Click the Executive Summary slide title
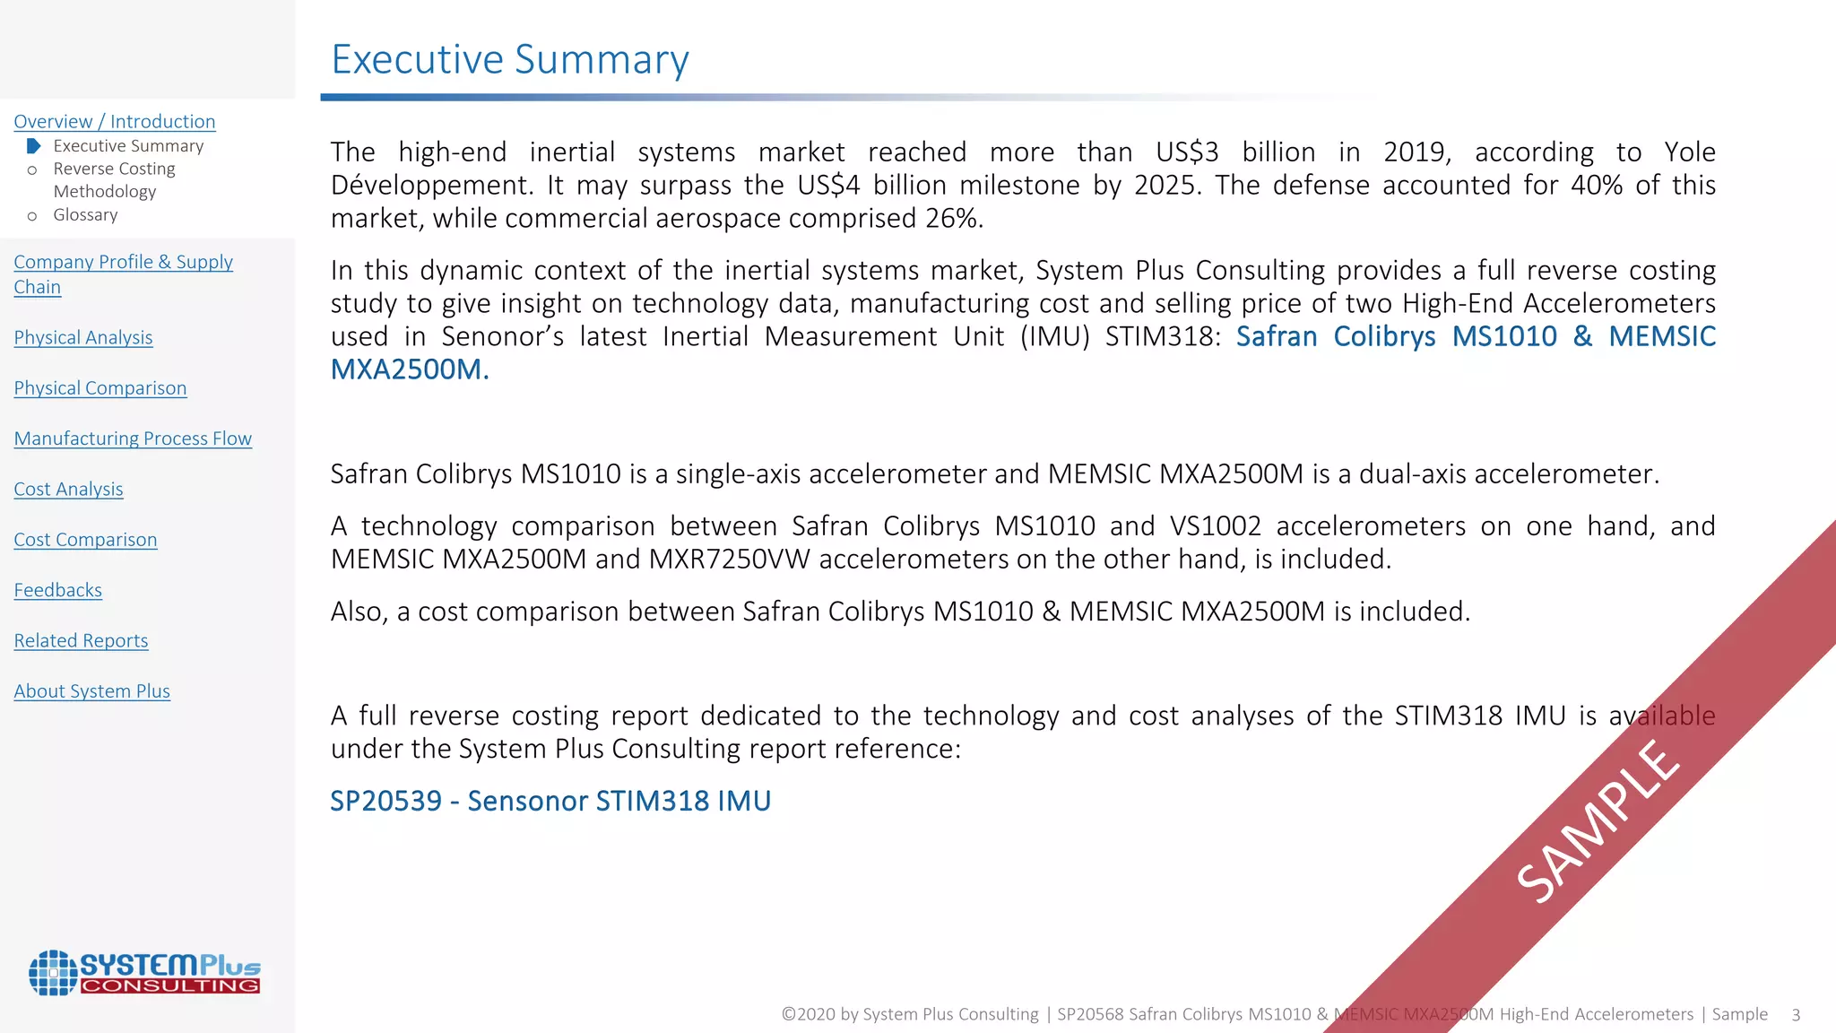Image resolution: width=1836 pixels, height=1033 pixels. coord(510,60)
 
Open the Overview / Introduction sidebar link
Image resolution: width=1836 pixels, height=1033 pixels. coord(115,121)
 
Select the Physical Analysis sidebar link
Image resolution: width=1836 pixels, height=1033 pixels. coord(83,337)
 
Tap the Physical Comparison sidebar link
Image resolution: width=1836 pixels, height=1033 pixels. coord(100,387)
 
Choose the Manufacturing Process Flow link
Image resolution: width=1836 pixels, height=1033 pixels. coord(133,438)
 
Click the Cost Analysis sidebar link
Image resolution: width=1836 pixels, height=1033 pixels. coord(68,489)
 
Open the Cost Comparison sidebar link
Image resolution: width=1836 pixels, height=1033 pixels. coord(85,539)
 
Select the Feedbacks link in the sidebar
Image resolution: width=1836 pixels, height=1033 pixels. coord(58,590)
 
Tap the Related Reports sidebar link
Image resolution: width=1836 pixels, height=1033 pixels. coord(81,640)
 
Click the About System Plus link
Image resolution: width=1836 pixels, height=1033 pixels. coord(91,690)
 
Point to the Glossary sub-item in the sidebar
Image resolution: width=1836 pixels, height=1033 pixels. coord(85,214)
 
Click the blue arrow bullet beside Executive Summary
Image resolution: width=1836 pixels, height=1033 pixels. coord(33,145)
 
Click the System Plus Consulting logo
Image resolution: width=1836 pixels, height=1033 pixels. coord(144,973)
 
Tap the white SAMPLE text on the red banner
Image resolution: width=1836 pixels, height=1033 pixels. coord(1598,820)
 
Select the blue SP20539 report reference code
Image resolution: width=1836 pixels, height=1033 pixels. coord(385,801)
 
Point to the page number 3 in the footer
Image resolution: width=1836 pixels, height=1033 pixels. coord(1796,1015)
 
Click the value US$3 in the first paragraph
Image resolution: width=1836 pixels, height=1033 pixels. coord(1187,152)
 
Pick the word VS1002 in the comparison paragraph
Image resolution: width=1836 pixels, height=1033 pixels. coord(1215,525)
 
